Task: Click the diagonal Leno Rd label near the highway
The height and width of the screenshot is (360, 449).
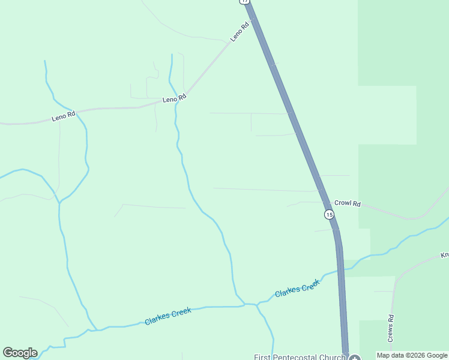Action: coord(240,32)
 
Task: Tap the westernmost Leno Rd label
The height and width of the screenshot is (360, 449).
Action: coord(63,116)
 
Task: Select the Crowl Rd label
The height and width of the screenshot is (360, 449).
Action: coord(347,203)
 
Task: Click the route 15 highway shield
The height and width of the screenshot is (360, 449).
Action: coord(328,214)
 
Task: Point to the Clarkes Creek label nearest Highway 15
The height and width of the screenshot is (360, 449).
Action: coord(297,289)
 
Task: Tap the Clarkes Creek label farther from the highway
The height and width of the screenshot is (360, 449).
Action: coord(168,316)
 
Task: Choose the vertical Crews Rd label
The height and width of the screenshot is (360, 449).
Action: coord(390,328)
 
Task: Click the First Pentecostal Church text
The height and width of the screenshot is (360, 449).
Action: coord(300,358)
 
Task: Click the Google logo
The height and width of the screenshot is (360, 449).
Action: coord(20,353)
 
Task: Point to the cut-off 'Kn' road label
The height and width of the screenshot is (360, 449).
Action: coord(444,255)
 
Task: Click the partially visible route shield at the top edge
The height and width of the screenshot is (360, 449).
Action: coord(244,2)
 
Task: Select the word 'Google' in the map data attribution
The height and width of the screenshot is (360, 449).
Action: coord(436,355)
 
